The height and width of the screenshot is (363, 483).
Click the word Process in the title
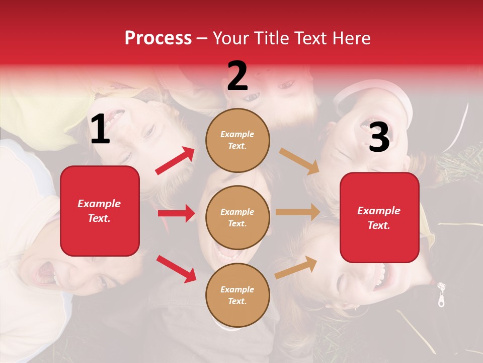pos(158,38)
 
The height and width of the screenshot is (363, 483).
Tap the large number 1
pos(100,130)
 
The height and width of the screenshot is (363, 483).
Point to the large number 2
pos(237,76)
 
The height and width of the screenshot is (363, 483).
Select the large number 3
pos(379,137)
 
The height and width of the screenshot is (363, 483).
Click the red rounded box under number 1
pos(100,211)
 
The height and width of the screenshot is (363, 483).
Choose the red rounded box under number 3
pos(379,218)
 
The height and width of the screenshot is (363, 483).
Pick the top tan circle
pos(237,140)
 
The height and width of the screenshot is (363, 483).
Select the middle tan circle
pos(237,217)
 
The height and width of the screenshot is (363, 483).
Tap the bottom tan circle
pos(237,295)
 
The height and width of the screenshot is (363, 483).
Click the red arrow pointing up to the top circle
pos(175,161)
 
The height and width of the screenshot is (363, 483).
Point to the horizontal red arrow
pos(176,213)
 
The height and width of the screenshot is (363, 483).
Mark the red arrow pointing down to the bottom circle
pos(176,269)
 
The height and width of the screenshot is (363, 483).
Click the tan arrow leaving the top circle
pos(299,161)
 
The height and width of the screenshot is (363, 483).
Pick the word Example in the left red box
pos(99,204)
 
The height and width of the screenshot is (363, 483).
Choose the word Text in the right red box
pos(379,225)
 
